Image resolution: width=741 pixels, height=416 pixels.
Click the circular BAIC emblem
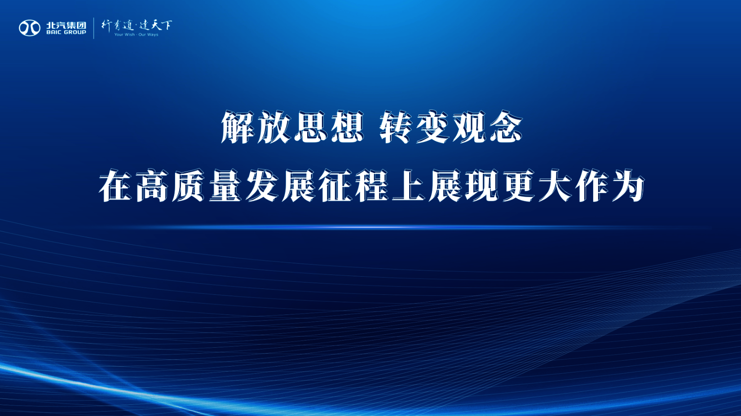point(30,28)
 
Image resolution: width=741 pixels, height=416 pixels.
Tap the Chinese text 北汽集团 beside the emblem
point(66,25)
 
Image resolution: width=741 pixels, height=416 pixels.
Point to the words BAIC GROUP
point(66,32)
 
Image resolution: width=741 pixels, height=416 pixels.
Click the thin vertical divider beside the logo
point(93,28)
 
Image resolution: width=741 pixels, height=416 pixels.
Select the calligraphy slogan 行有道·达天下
point(137,25)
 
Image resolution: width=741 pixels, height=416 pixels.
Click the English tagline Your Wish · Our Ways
point(136,35)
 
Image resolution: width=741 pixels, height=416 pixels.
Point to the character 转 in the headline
point(396,128)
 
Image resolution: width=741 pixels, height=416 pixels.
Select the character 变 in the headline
point(433,128)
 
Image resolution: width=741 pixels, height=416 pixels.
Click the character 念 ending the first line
point(506,128)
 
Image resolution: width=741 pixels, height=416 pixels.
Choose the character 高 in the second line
point(152,186)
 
